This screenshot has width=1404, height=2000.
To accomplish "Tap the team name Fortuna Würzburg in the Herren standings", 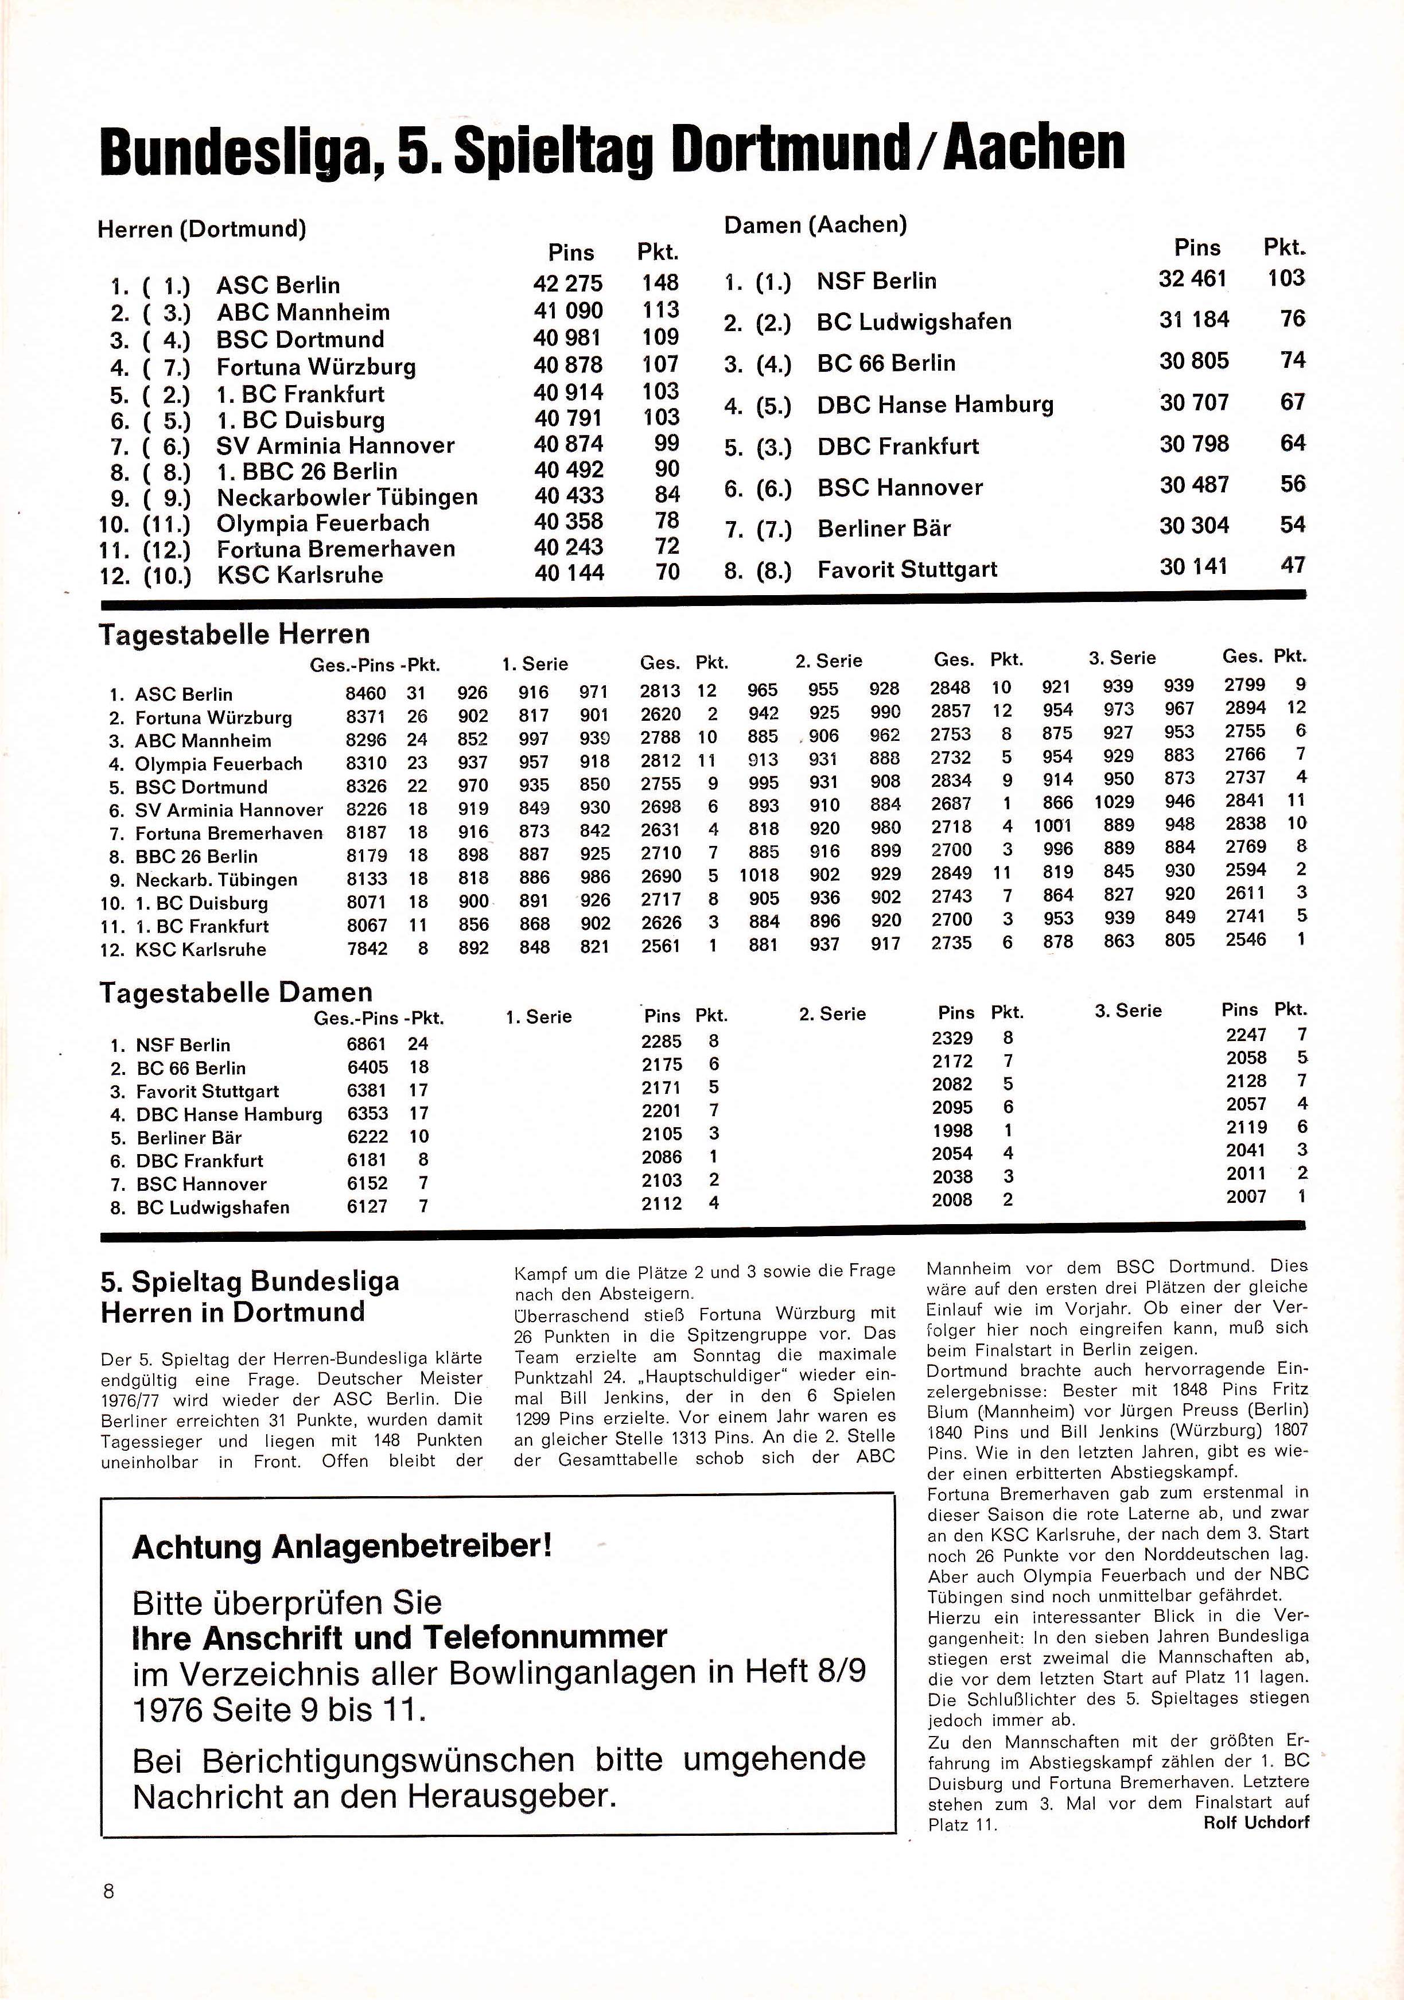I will click(x=316, y=367).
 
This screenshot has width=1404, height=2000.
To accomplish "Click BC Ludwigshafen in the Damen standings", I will click(x=913, y=323).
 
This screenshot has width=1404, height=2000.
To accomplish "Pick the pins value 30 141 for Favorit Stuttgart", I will click(x=1193, y=567).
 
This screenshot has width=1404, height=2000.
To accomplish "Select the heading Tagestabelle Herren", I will click(x=234, y=634).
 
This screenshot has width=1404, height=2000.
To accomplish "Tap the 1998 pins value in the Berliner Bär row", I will click(x=952, y=1131).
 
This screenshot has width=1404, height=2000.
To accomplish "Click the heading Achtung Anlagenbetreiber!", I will click(x=341, y=1547).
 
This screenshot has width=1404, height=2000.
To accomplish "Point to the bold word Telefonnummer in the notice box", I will click(x=545, y=1637).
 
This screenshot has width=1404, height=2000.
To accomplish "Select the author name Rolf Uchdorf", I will click(x=1256, y=1822).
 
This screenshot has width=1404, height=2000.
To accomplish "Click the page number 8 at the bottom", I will click(x=109, y=1891).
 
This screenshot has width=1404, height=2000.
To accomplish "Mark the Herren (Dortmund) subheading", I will click(x=201, y=229).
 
